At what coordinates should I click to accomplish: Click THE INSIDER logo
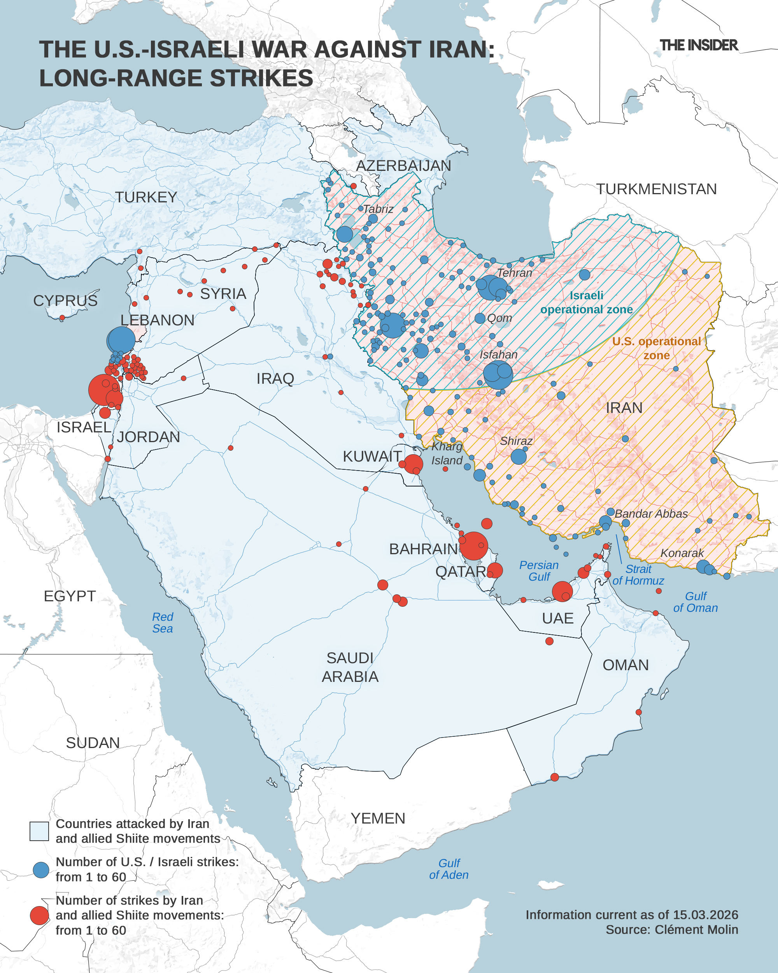point(698,45)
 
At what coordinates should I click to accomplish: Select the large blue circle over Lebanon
point(121,340)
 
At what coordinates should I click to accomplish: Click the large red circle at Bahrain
point(473,546)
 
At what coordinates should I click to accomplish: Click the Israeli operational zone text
point(586,302)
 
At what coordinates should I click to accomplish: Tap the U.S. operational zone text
point(656,348)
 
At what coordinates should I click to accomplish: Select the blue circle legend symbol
point(41,869)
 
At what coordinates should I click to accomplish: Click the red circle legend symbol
point(40,915)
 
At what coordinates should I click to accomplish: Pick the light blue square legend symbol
point(39,831)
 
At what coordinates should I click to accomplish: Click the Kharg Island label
point(447,453)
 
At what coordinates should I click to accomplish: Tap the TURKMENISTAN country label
point(656,189)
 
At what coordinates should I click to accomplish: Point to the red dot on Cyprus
point(62,318)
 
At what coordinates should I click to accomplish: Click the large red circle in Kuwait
point(413,464)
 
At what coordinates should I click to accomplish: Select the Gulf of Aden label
point(449,869)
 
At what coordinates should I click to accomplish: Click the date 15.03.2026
point(705,915)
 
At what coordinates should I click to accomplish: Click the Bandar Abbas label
point(651,514)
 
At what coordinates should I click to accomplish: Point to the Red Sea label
point(162,622)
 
